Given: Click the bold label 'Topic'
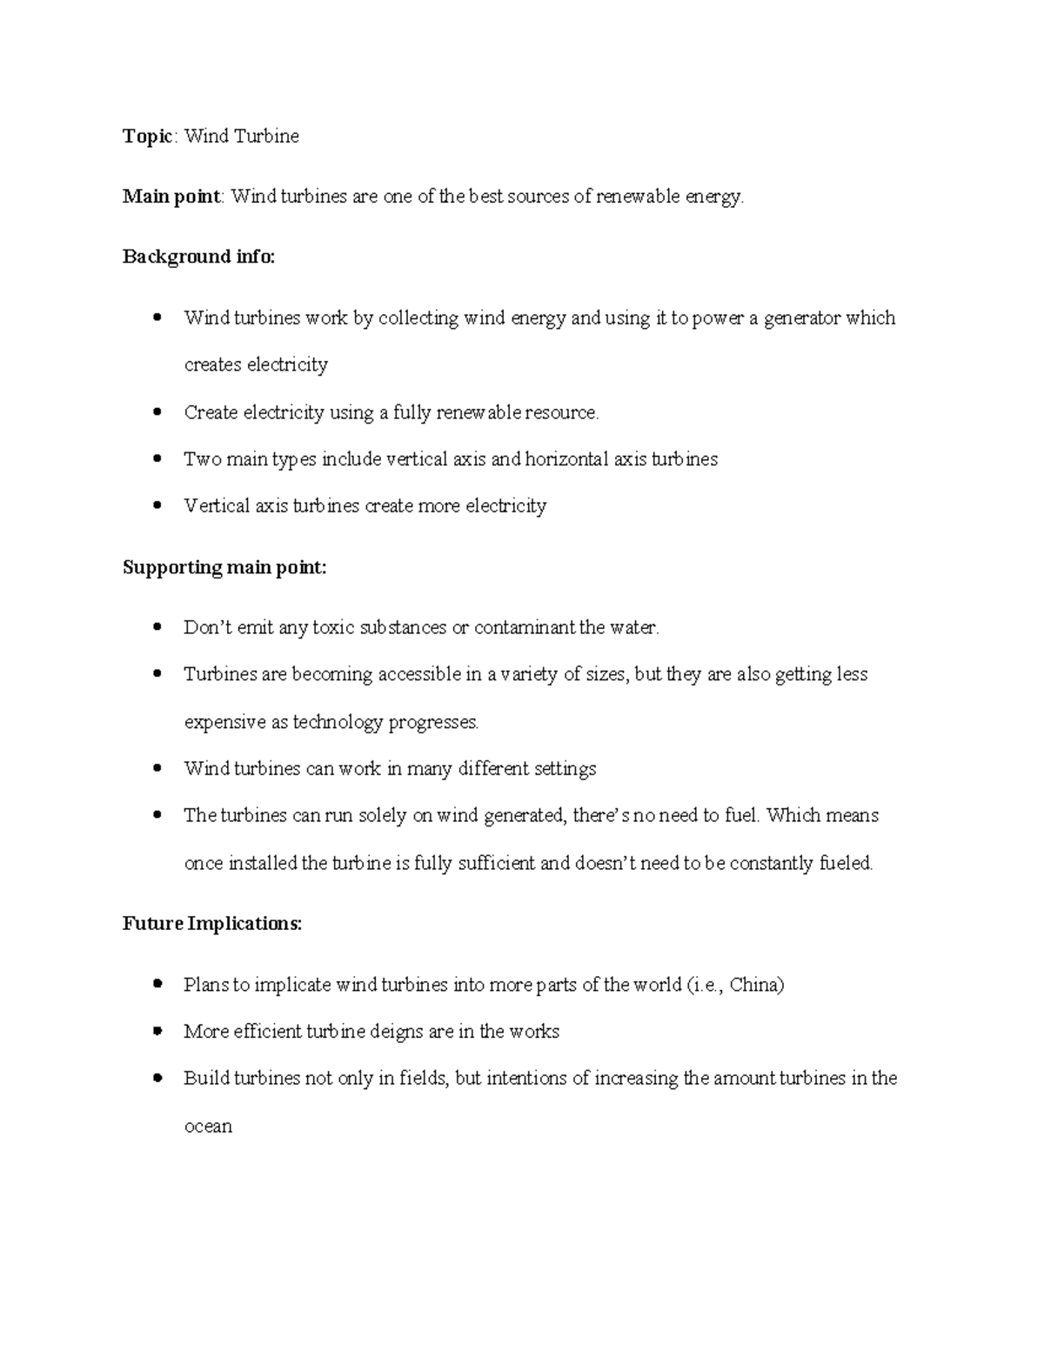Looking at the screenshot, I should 147,137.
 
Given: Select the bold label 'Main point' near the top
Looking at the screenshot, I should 171,197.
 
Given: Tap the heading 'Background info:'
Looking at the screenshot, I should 198,257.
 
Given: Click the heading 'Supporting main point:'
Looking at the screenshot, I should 224,568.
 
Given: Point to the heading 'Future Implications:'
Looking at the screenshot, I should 212,924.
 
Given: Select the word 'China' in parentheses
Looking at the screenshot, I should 755,985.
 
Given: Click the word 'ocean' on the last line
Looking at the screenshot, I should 208,1127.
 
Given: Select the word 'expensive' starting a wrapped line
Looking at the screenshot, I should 220,722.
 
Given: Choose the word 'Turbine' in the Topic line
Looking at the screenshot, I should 264,137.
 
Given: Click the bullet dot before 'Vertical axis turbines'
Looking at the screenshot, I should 157,505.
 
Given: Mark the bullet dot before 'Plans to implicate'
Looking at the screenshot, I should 157,984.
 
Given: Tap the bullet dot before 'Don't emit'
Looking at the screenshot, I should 157,627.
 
